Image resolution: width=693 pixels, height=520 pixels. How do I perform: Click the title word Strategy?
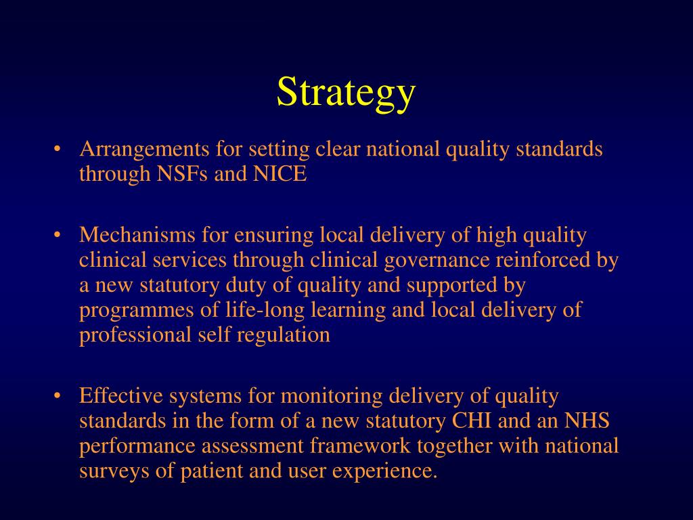345,92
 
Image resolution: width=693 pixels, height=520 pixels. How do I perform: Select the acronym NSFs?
183,174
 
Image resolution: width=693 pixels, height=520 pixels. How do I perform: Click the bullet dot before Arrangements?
59,149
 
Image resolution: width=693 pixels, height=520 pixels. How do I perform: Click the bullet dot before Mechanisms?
59,235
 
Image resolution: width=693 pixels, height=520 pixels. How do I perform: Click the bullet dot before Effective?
59,395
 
